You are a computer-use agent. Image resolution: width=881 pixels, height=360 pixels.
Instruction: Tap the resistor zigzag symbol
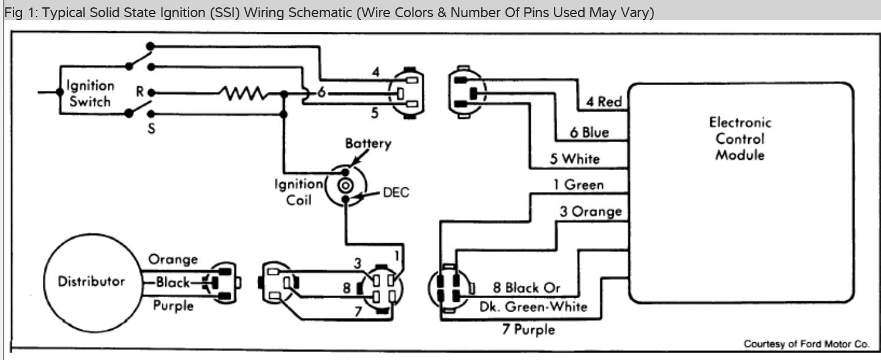[x=244, y=94]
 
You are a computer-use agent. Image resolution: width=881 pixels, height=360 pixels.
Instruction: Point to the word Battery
[x=367, y=144]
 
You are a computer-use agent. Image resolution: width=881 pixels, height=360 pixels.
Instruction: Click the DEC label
[x=396, y=192]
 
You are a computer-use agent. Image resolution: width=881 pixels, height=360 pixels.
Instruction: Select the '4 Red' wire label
[x=603, y=102]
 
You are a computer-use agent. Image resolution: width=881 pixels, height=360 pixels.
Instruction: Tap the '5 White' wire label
[x=574, y=159]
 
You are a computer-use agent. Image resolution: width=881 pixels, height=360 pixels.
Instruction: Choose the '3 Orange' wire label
[x=590, y=212]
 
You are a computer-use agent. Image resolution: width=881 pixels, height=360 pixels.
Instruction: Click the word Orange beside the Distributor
[x=173, y=259]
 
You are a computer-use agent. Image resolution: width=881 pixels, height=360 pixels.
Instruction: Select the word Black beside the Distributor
[x=174, y=282]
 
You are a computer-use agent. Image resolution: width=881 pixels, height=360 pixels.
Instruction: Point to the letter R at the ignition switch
[x=140, y=92]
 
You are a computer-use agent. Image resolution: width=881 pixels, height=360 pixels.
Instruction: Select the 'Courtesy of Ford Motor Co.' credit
[x=809, y=344]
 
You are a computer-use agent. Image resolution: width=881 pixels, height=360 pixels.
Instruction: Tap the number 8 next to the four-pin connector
[x=346, y=286]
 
